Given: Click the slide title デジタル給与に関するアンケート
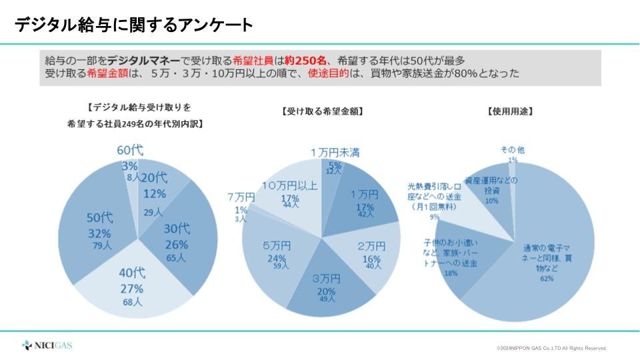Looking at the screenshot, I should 134,25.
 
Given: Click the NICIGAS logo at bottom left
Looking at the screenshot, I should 47,345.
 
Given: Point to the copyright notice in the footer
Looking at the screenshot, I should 551,348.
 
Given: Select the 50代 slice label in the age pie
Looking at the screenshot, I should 100,219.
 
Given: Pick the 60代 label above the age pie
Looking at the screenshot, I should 131,151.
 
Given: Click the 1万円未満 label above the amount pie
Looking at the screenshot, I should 335,153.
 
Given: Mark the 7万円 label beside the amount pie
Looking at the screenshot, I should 241,197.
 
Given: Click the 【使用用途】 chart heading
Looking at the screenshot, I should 511,111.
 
